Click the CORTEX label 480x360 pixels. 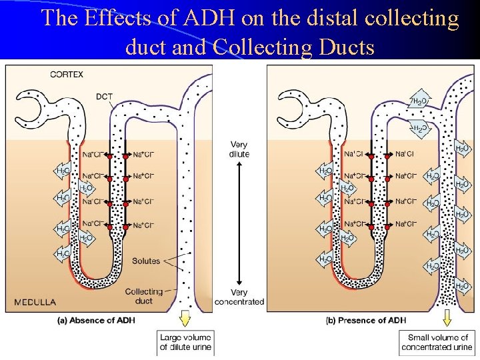(67, 75)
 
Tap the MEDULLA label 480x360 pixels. (35, 301)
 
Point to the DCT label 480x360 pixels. (104, 97)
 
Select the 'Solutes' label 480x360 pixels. (146, 261)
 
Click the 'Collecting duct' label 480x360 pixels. (144, 296)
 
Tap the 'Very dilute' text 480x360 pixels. (239, 149)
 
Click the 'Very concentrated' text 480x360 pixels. (239, 297)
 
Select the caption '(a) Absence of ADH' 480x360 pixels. (96, 320)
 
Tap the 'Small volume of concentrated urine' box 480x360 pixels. (437, 343)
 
